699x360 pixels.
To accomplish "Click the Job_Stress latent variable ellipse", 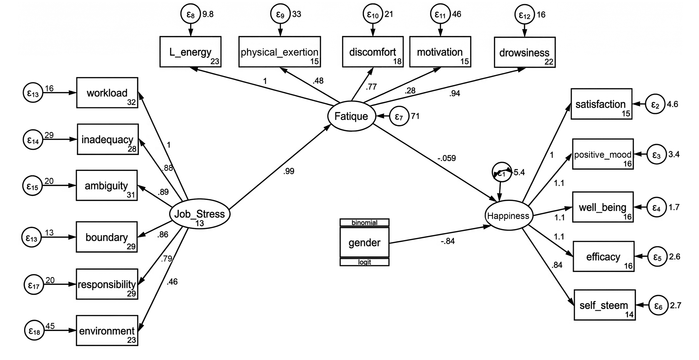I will pos(200,214).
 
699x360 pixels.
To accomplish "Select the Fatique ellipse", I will pos(351,116).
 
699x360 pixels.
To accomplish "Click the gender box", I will pos(364,242).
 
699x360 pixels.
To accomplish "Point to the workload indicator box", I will pos(107,93).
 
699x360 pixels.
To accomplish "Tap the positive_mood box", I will pos(603,154).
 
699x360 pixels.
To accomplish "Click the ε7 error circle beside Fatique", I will pos(399,116).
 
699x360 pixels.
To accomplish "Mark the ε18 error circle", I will pos(34,330).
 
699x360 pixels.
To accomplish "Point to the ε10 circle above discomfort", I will pos(373,14).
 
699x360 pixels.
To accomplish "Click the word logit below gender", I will pos(364,262).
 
